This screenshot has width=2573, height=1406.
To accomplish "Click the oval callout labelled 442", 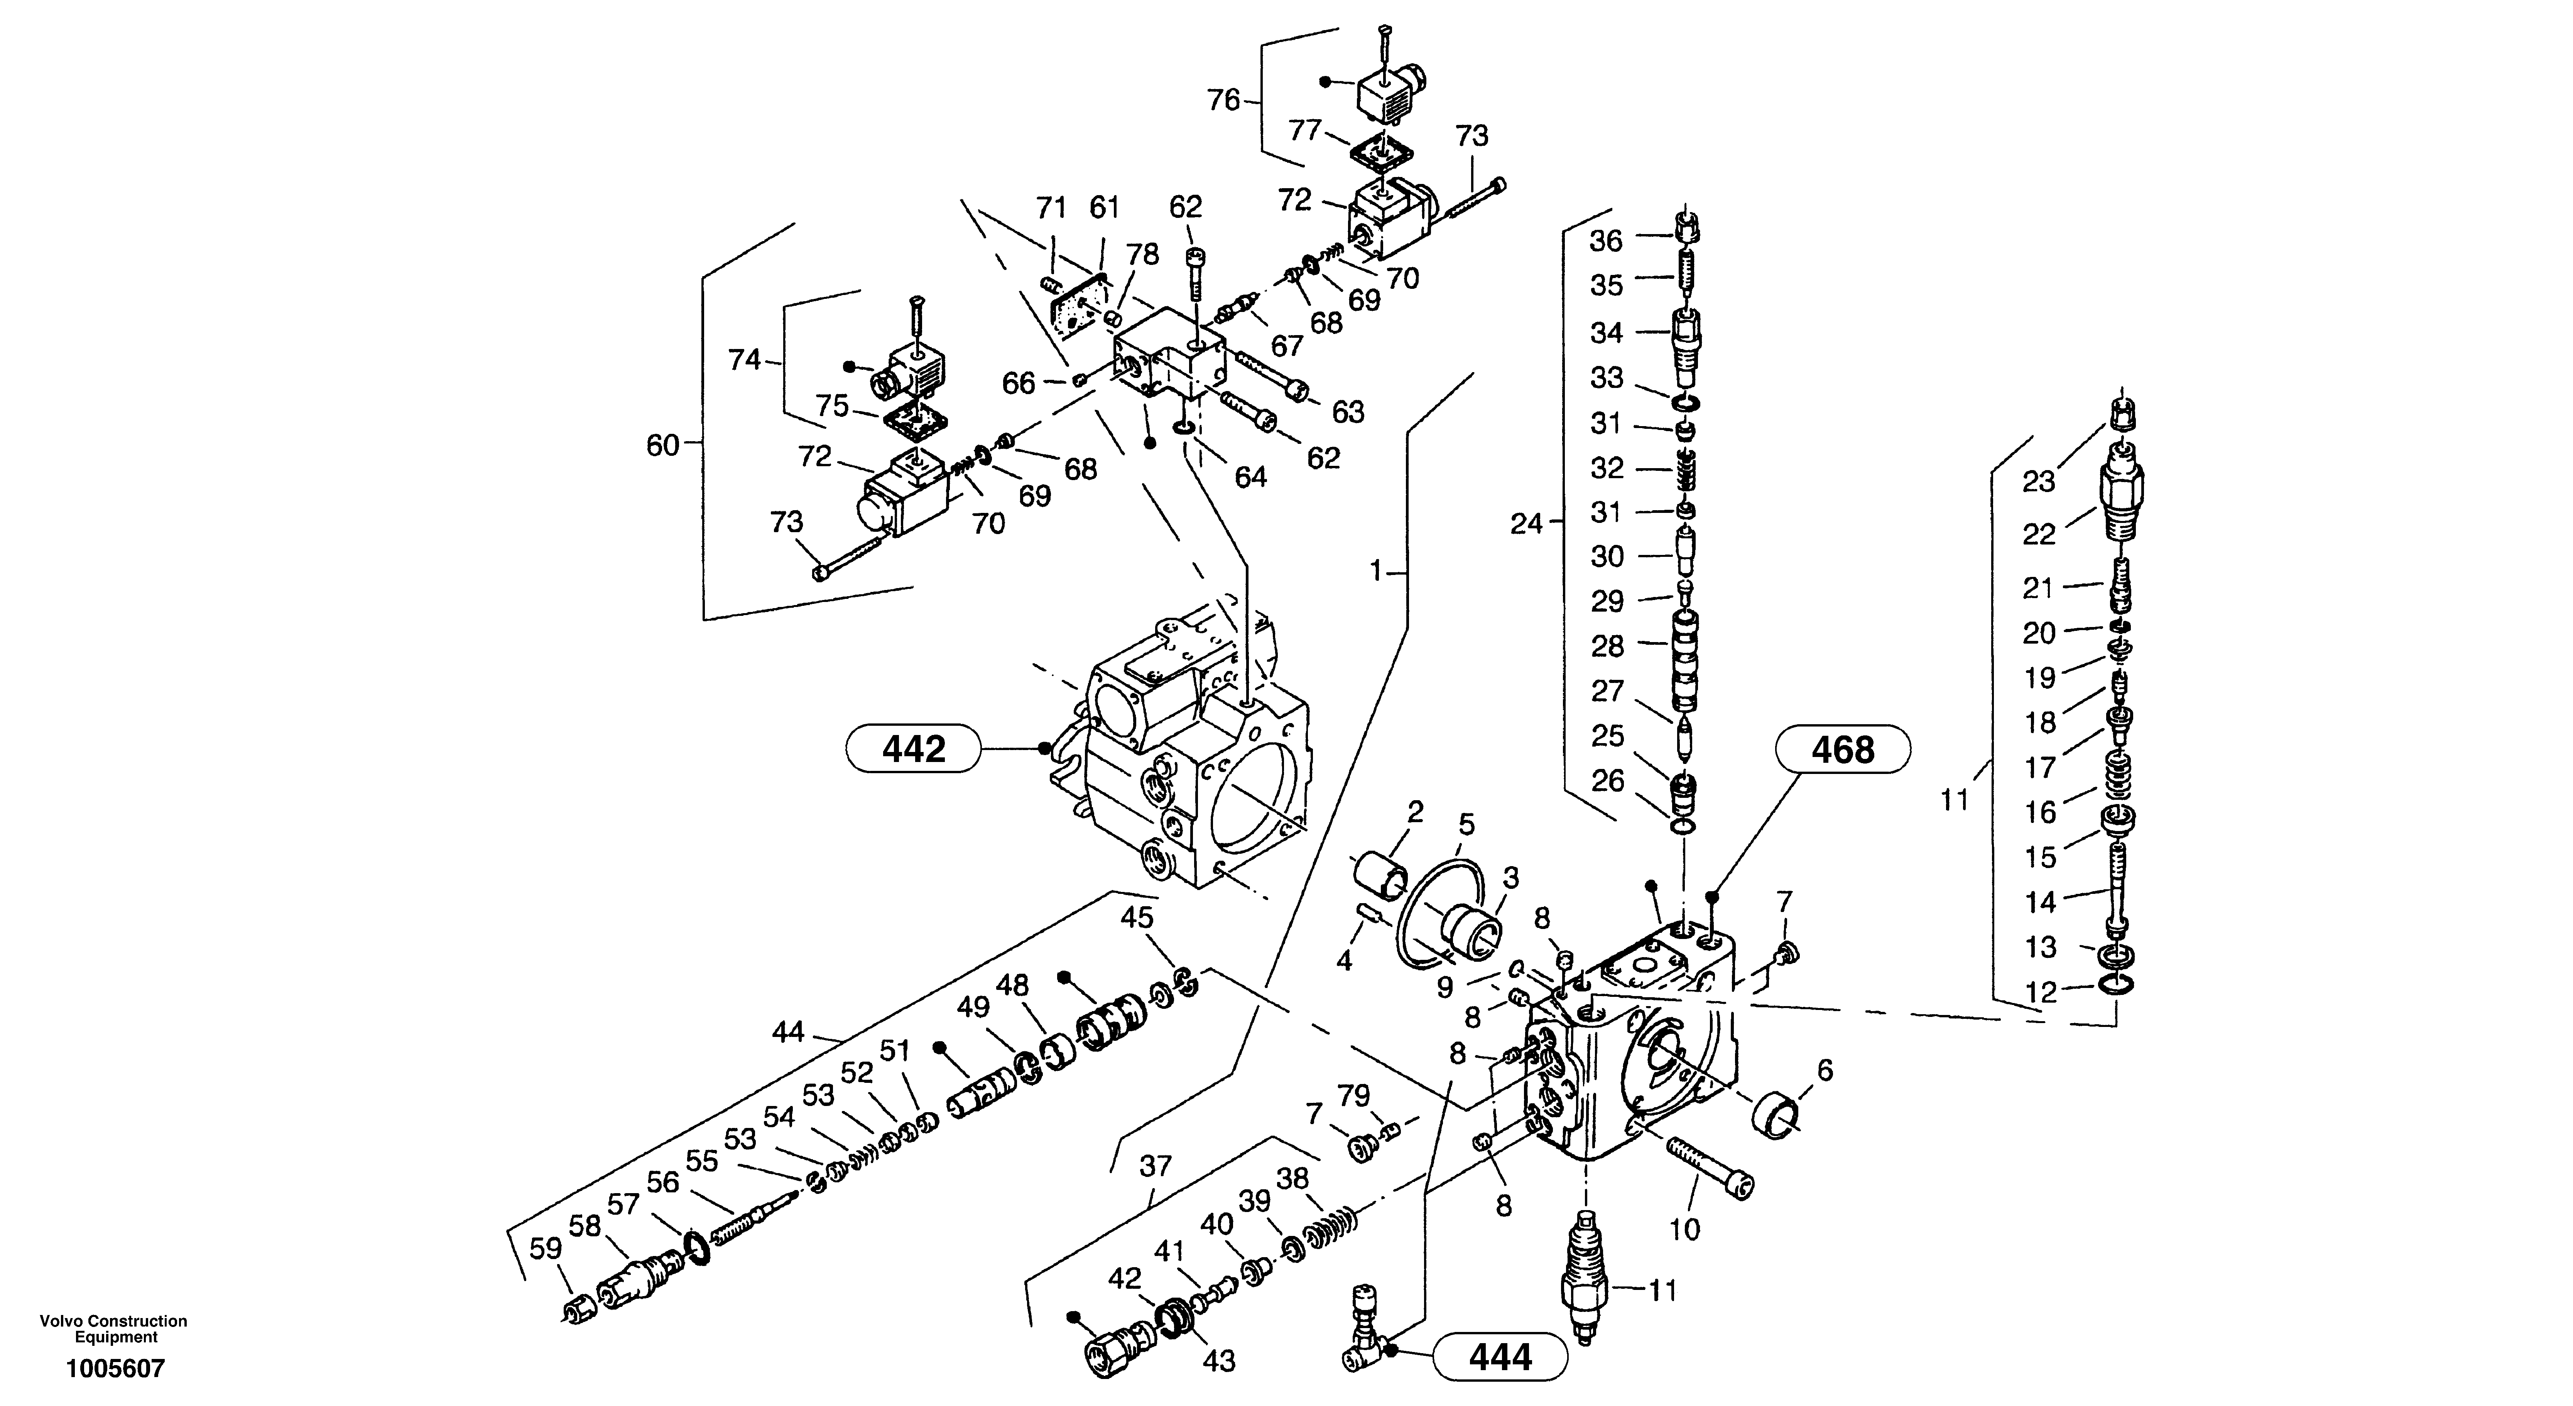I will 913,748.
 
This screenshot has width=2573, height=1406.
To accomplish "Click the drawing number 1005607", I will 115,1368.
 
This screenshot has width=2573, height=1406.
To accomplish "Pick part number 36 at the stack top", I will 1606,241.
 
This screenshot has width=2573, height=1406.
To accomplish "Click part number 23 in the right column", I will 2039,481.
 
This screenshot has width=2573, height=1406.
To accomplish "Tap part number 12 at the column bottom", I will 2041,993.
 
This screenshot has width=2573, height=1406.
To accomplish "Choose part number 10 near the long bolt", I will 1684,1229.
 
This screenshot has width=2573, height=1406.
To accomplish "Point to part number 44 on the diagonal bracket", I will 788,1032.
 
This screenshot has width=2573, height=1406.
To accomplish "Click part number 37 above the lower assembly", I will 1156,1165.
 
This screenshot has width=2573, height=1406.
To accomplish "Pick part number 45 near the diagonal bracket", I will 1137,917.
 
